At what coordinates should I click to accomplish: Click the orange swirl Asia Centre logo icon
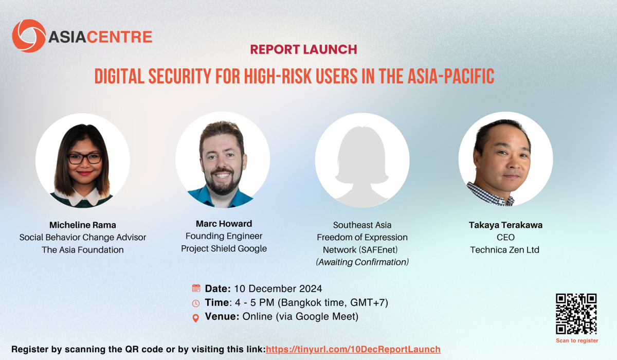pos(29,36)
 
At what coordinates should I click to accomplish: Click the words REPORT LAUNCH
pos(303,49)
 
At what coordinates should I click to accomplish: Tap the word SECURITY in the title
pos(180,76)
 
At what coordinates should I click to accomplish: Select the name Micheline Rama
pos(83,225)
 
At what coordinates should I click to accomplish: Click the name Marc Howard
pos(224,224)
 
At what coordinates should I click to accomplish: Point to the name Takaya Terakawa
pos(505,225)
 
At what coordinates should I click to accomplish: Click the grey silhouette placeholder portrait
pos(362,164)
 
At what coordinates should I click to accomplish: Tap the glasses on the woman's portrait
pos(85,158)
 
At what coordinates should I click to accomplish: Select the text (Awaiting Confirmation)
pos(362,262)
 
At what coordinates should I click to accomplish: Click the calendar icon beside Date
pos(196,288)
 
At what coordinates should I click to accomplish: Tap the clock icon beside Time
pos(196,303)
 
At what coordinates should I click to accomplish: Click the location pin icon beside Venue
pos(195,318)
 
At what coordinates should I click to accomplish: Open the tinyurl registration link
pos(353,349)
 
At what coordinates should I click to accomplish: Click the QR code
pos(576,314)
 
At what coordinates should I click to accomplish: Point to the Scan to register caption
pos(577,341)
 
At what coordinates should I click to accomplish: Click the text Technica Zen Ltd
pos(504,250)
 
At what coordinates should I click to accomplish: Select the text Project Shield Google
pos(224,248)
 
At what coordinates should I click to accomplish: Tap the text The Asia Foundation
pos(83,250)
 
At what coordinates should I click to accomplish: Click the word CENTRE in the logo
pos(119,37)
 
